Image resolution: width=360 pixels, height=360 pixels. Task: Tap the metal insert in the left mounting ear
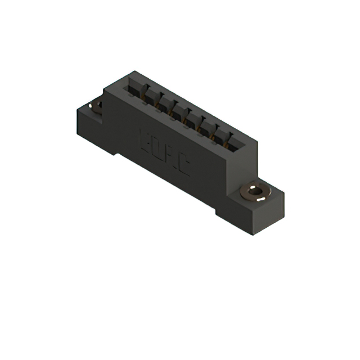click(97, 105)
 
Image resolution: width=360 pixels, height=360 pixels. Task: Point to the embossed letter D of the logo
click(156, 147)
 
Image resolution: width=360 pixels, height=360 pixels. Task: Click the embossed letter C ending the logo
click(183, 166)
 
